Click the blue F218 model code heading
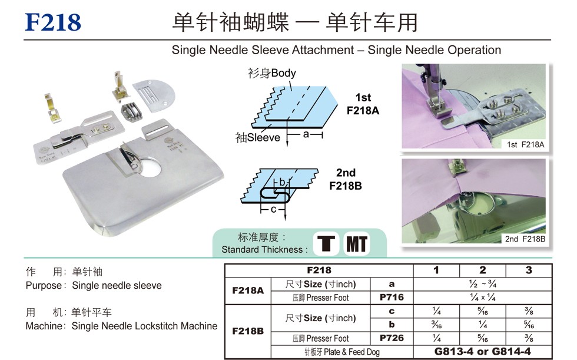pos(53,22)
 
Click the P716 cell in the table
pos(392,298)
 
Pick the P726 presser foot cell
pos(392,338)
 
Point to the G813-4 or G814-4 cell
pos(482,352)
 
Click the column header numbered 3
pos(529,270)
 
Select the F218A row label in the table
pos(248,290)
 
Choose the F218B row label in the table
pos(248,331)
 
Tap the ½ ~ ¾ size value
pos(482,284)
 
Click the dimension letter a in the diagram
pos(306,134)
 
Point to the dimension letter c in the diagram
pos(273,209)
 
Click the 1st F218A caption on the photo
pos(525,145)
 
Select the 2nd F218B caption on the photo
pos(525,239)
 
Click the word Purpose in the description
pos(44,286)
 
